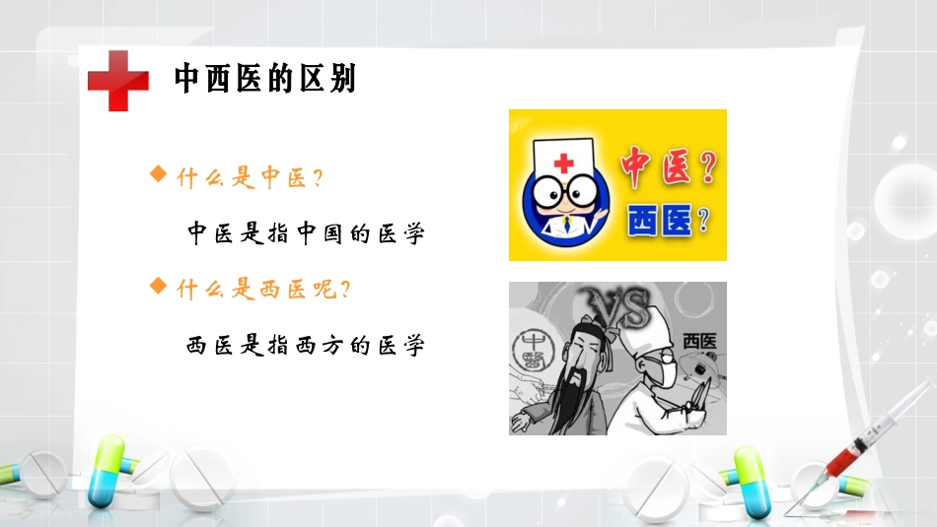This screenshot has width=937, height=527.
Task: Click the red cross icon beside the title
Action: click(117, 79)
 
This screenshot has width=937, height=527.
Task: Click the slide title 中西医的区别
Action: click(264, 79)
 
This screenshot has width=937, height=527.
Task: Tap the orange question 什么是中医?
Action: click(252, 179)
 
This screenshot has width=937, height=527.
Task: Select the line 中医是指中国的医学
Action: click(306, 234)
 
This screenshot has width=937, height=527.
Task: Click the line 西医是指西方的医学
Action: click(306, 346)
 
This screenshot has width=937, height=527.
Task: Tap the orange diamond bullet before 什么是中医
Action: click(156, 174)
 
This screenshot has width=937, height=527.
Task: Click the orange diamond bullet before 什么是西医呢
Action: click(156, 286)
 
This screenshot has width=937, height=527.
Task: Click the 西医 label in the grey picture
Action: click(699, 341)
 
